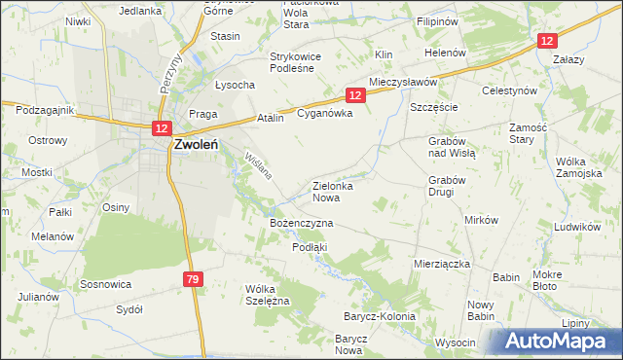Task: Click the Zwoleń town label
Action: point(202,145)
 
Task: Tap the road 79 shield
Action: point(193,280)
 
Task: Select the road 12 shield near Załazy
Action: point(548,40)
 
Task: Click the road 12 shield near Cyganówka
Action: point(354,94)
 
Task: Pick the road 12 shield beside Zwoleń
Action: point(161,127)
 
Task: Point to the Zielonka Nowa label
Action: point(339,191)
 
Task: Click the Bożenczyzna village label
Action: point(301,223)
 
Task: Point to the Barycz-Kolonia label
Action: point(379,316)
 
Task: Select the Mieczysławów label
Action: point(403,83)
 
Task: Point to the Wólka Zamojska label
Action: point(578,167)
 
